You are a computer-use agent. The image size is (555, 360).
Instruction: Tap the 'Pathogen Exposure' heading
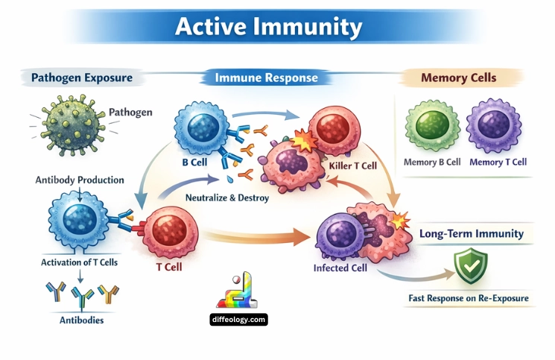click(82, 77)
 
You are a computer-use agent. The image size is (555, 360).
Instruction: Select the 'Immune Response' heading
click(266, 78)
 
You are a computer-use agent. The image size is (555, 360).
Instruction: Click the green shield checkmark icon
click(470, 267)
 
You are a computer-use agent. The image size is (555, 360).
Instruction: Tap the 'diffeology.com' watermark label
click(238, 319)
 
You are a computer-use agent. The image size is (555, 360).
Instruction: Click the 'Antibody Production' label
click(80, 180)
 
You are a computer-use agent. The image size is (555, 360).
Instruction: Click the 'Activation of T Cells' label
click(80, 262)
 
